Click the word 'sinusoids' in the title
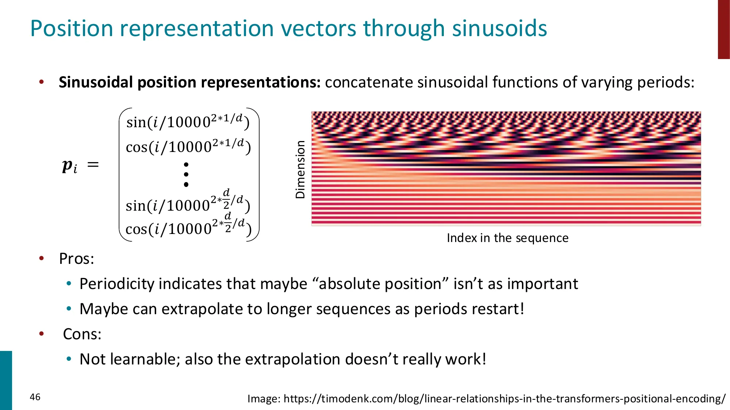[x=499, y=28]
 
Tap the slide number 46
[x=35, y=397]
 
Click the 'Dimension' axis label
[x=300, y=169]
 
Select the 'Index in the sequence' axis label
[x=507, y=238]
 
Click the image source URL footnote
[x=486, y=398]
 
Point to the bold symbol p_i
[x=69, y=166]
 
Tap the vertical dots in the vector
[x=186, y=175]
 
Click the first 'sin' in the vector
[x=136, y=122]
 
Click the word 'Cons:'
[x=82, y=334]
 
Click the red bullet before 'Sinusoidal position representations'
[x=42, y=82]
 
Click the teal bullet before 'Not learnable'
[x=69, y=359]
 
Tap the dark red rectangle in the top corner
[x=723, y=29]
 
